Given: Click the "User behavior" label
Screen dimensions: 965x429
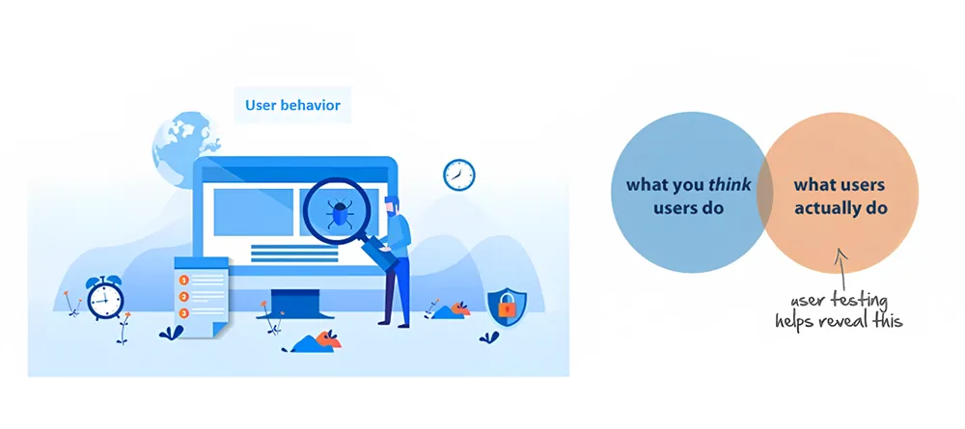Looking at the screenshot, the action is pyautogui.click(x=292, y=105).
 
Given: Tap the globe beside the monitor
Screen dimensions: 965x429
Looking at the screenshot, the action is pyautogui.click(x=184, y=147).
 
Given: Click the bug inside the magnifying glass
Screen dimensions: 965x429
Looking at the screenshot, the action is pyautogui.click(x=339, y=213).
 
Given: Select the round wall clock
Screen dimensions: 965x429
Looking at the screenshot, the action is pyautogui.click(x=459, y=174).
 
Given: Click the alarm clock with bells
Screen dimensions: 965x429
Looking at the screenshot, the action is pyautogui.click(x=105, y=298).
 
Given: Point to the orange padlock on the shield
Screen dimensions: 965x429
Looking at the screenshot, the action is pyautogui.click(x=507, y=306).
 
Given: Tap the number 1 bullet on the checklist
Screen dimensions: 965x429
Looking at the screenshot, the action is pyautogui.click(x=182, y=281).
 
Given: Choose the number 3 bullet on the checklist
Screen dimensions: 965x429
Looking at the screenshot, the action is pyautogui.click(x=182, y=313).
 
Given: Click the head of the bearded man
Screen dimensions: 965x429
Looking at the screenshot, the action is pyautogui.click(x=392, y=205).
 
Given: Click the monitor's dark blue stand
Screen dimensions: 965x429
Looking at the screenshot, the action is pyautogui.click(x=295, y=304).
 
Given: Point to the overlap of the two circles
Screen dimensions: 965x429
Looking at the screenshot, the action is pyautogui.click(x=765, y=193).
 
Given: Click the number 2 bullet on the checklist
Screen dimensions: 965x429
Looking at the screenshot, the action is pyautogui.click(x=182, y=297).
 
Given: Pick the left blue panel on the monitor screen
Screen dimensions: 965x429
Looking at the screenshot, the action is pyautogui.click(x=254, y=212).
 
